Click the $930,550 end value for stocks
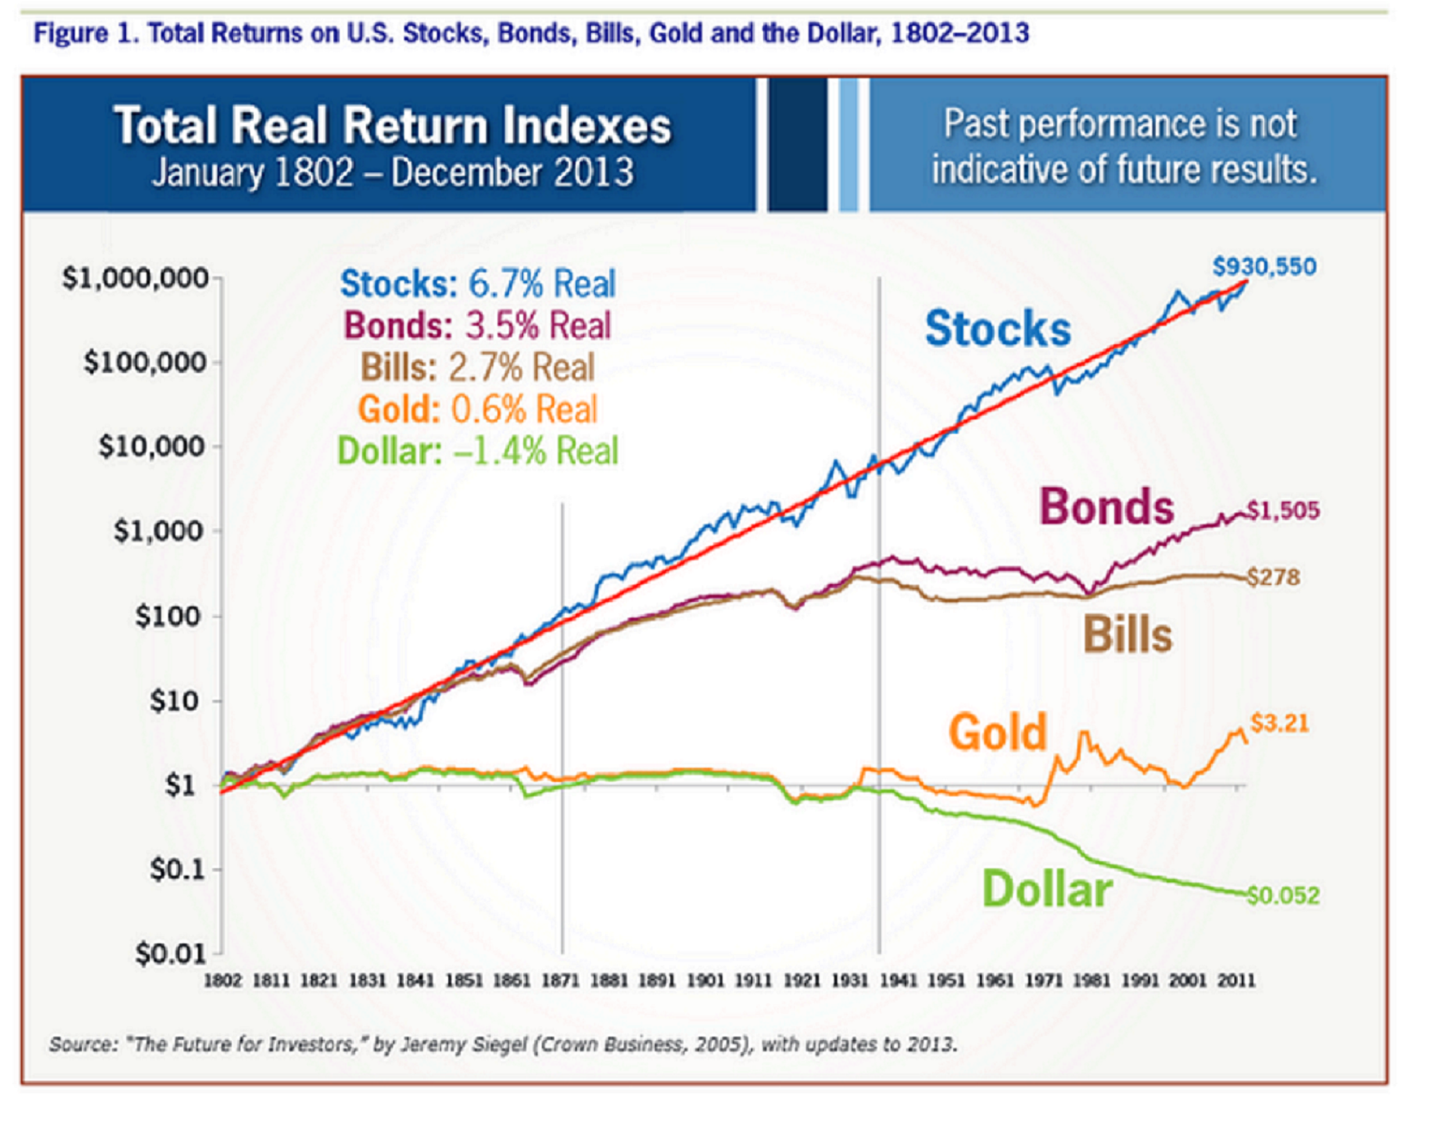pos(1264,267)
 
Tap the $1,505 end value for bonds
pos(1283,510)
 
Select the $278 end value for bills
pos(1274,577)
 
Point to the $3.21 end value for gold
pos(1279,723)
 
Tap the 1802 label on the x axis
pos(222,981)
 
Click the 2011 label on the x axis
pos(1236,981)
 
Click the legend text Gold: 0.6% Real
pos(477,409)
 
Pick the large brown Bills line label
pos(1127,634)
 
